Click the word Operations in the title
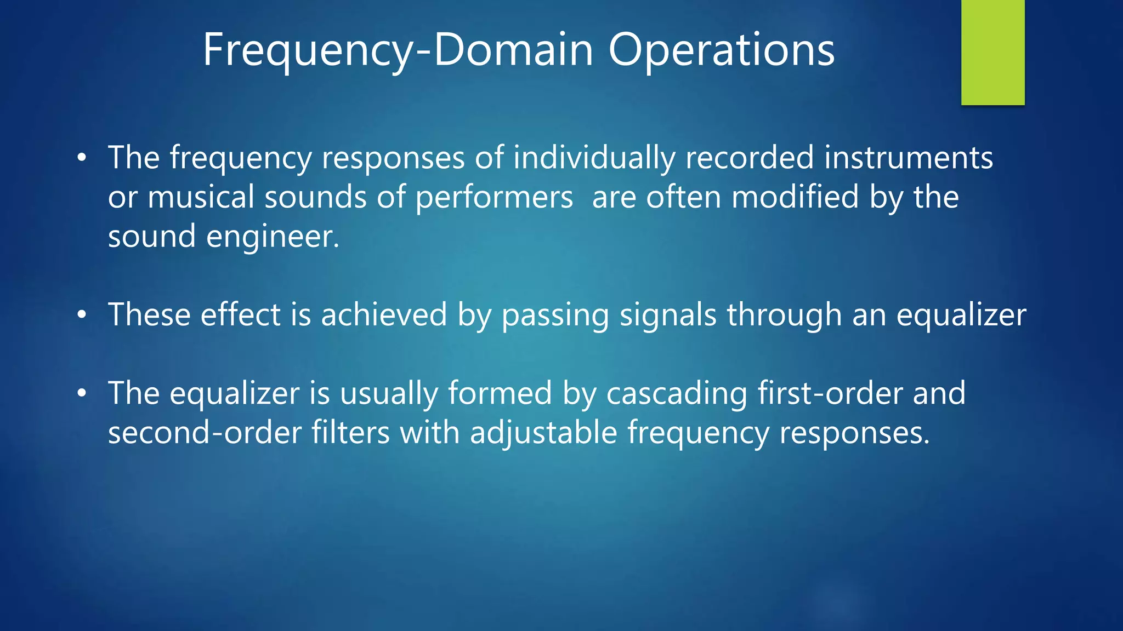pos(721,50)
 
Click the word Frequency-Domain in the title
pos(398,50)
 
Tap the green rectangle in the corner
pos(992,52)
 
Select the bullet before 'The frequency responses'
pos(82,158)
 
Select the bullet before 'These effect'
pos(82,315)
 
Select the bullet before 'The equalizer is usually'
pos(82,393)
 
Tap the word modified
pos(795,197)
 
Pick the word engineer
pos(273,237)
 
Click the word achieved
pos(384,315)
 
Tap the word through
pos(784,315)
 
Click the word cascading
pos(676,393)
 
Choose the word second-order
pos(205,433)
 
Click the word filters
pos(350,433)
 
